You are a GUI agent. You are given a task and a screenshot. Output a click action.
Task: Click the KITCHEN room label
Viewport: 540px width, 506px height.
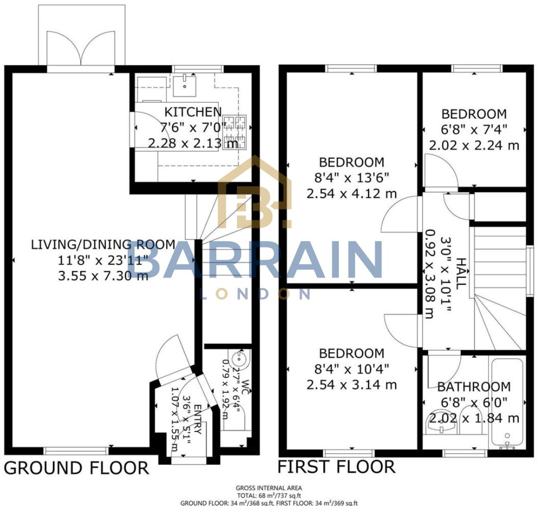(193, 112)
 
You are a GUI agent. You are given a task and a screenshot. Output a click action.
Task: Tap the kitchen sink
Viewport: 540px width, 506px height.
(185, 85)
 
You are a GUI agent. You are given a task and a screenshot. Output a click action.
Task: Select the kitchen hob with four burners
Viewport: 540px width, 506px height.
(235, 132)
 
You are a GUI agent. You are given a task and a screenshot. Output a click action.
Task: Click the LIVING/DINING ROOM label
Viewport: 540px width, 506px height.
(103, 245)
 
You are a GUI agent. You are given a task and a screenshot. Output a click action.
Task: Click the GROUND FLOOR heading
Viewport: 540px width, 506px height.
(76, 468)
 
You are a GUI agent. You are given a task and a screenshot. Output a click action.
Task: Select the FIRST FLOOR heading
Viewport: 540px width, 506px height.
(336, 467)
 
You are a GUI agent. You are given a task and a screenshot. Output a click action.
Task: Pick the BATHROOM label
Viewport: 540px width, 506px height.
(474, 387)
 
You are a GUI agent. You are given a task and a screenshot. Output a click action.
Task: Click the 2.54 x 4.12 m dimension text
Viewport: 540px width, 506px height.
(352, 194)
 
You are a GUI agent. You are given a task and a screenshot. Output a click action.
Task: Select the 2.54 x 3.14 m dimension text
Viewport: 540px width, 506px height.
(352, 385)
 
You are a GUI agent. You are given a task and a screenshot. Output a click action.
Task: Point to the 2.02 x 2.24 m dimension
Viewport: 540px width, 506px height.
(474, 145)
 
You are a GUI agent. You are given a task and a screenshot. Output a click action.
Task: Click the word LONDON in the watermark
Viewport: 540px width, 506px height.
(255, 294)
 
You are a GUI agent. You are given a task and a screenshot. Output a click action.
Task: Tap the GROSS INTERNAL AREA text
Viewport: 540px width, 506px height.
(269, 488)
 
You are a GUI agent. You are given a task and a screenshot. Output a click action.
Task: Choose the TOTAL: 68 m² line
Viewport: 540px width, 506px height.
(269, 496)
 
